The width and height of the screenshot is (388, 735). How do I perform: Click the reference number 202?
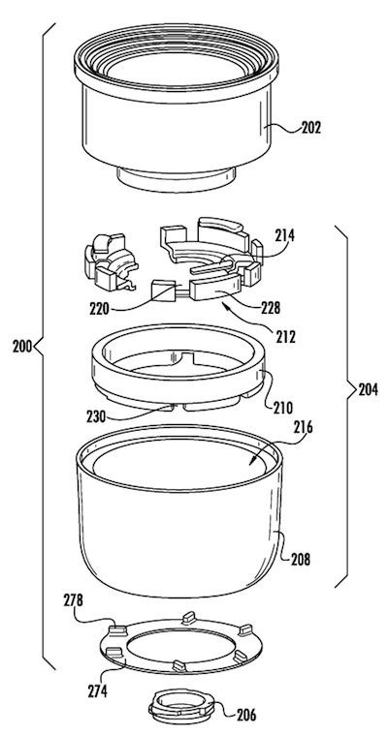pos(311,128)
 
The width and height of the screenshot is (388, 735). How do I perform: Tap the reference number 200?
pos(22,348)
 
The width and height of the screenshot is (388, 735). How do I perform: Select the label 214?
pos(284,235)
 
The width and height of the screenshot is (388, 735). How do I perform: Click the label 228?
pos(271,309)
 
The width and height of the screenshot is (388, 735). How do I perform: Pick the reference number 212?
pos(286,336)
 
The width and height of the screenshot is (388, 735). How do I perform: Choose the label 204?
pos(369,390)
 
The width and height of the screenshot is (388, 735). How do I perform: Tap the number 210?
pos(283,406)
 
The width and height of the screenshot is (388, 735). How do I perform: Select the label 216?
pos(303,427)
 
